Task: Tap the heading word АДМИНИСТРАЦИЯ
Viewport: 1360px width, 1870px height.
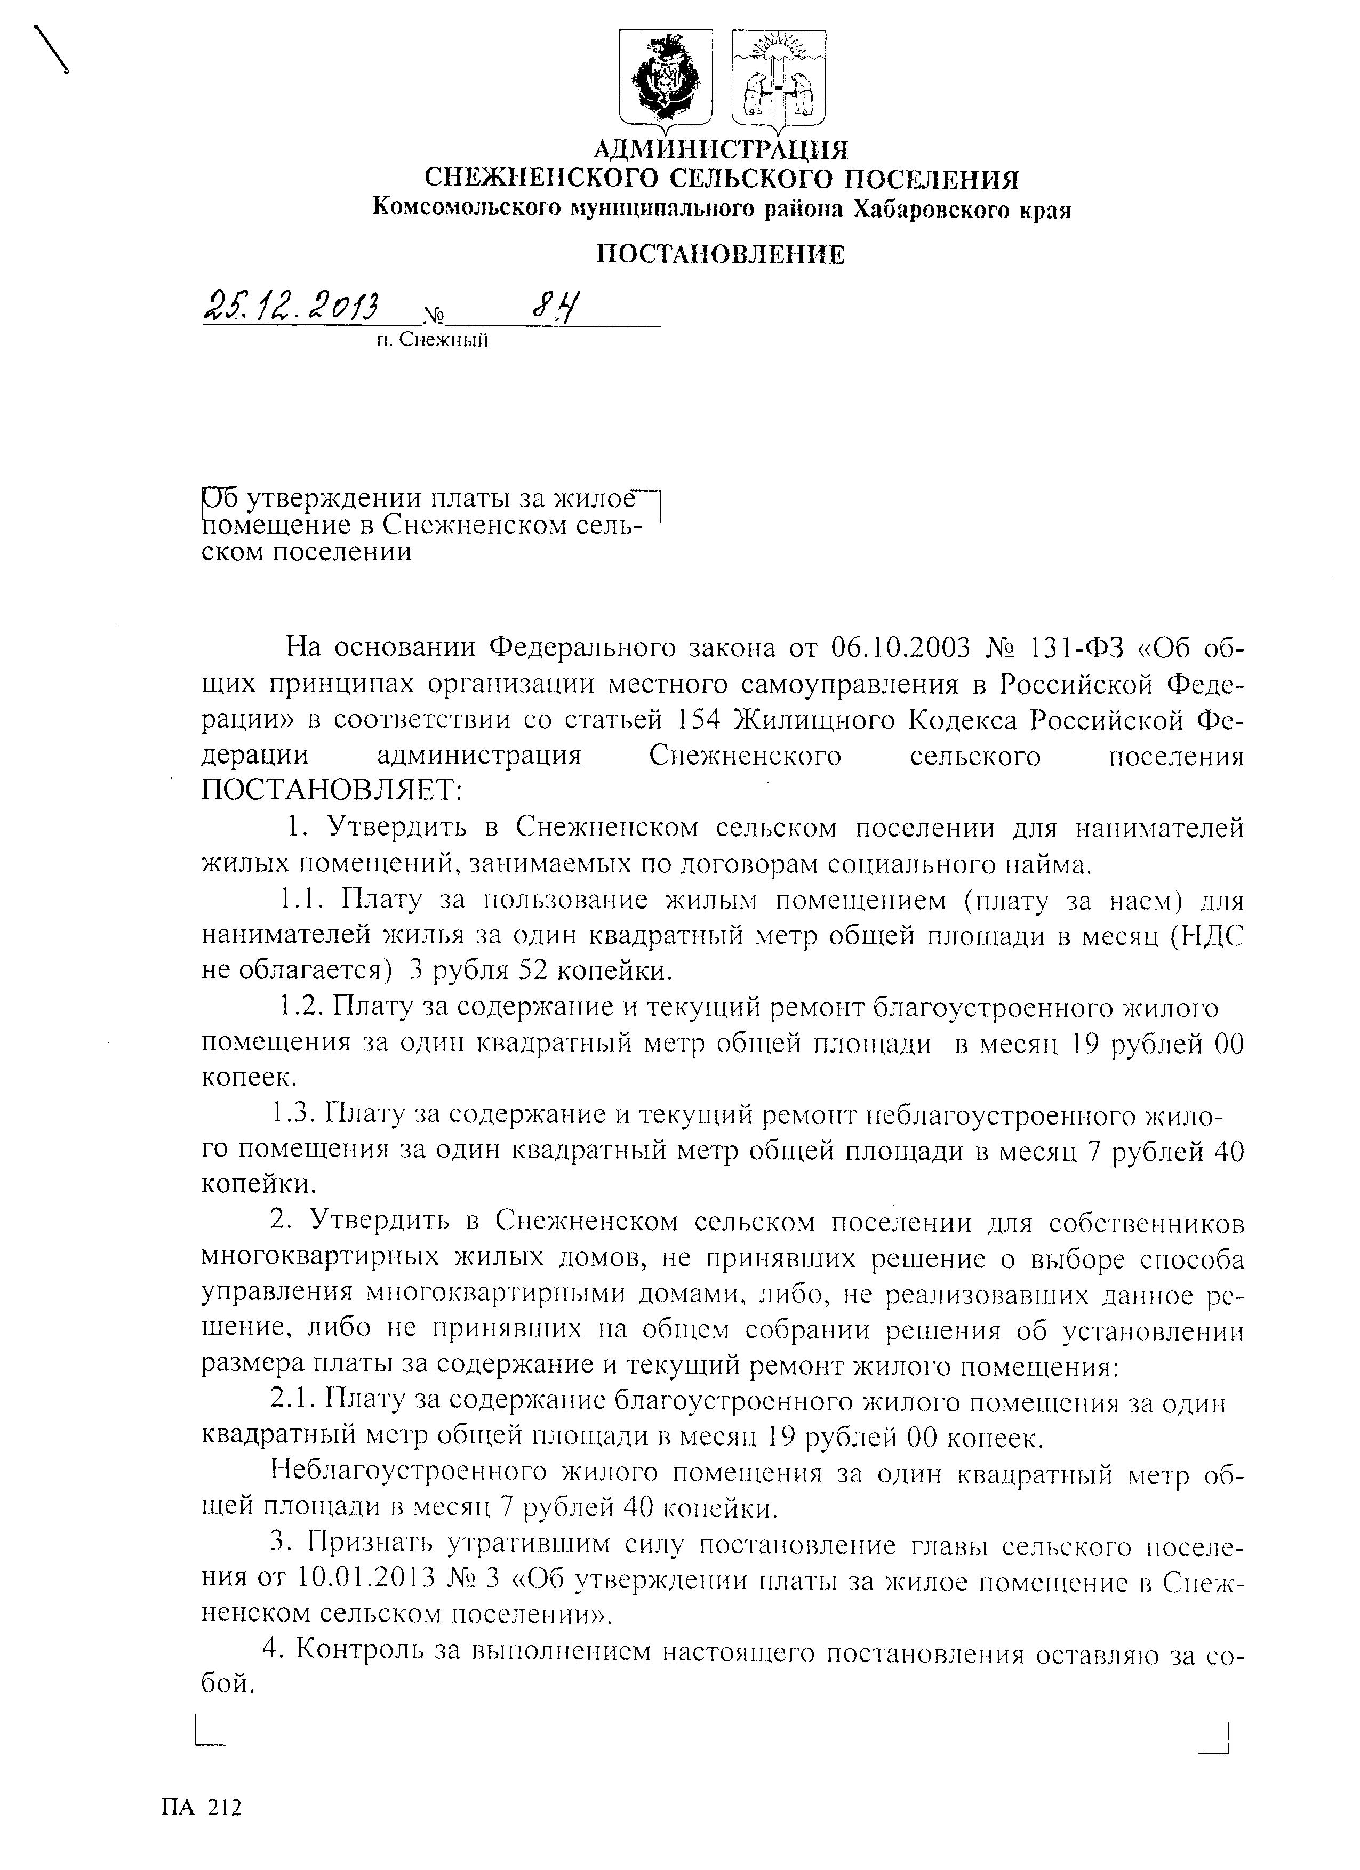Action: click(722, 150)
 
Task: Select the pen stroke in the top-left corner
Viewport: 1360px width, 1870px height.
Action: click(50, 50)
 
